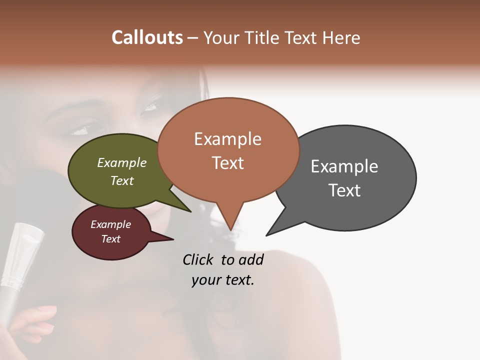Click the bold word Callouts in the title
147,37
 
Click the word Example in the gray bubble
344,166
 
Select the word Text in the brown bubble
228,163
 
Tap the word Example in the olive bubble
122,163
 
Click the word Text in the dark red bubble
111,239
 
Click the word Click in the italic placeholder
198,259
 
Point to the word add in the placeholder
251,259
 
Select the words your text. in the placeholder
223,280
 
